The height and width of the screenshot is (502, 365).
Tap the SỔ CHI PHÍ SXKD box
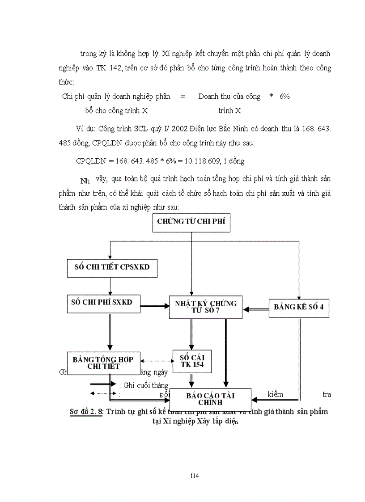102,302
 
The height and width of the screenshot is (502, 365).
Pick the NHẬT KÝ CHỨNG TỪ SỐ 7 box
205,307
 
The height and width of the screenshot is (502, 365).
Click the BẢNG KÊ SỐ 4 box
298,307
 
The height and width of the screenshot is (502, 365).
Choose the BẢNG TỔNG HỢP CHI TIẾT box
103,363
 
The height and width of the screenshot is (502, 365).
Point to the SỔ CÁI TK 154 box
192,361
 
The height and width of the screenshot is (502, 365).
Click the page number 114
194,475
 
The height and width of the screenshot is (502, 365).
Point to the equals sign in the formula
182,96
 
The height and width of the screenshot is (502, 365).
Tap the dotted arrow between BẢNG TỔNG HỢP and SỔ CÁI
157,360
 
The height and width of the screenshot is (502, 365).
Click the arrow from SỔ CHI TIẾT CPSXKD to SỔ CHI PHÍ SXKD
110,286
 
